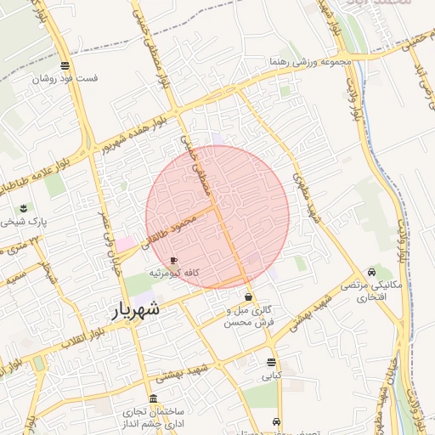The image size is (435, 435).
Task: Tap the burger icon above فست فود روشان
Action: click(65, 65)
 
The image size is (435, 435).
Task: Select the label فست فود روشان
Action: click(65, 78)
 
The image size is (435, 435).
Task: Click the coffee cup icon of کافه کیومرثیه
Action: click(174, 260)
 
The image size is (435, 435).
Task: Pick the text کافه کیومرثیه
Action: click(174, 273)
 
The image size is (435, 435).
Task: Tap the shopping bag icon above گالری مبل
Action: click(248, 297)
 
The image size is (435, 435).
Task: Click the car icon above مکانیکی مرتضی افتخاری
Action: click(372, 273)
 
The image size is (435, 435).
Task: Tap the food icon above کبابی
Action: click(271, 362)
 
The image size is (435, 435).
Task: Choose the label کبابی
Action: click(271, 375)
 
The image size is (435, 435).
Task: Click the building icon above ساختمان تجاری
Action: click(153, 398)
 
